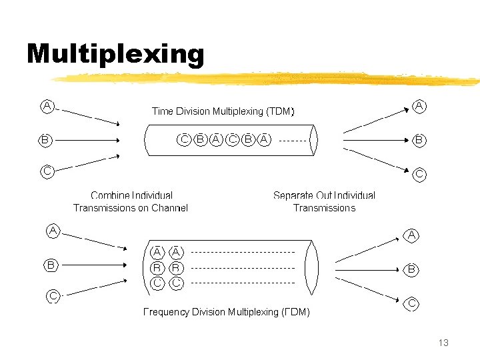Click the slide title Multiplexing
coord(115,55)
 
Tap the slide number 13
coord(443,343)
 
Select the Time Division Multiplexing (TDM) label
coord(223,111)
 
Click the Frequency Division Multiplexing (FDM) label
coord(227,311)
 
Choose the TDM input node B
coord(45,140)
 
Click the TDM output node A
coord(420,106)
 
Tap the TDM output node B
coord(419,140)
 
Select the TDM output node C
coord(420,174)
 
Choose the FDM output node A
coord(412,235)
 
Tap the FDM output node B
coord(412,269)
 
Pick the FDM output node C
coord(412,303)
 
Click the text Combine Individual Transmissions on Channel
coord(131,201)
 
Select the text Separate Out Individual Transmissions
coord(324,201)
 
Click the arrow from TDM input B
coord(87,140)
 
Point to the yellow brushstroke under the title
coord(267,79)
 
